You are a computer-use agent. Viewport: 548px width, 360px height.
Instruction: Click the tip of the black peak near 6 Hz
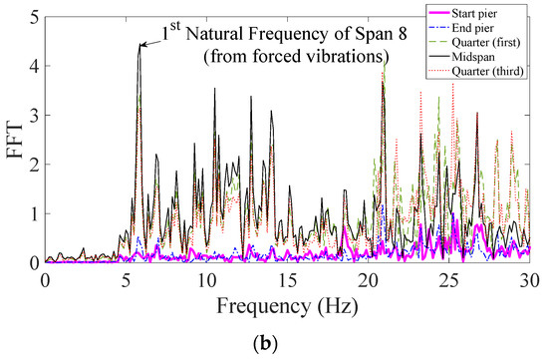(138, 45)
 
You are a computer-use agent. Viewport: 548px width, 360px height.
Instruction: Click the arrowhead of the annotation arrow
(140, 46)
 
